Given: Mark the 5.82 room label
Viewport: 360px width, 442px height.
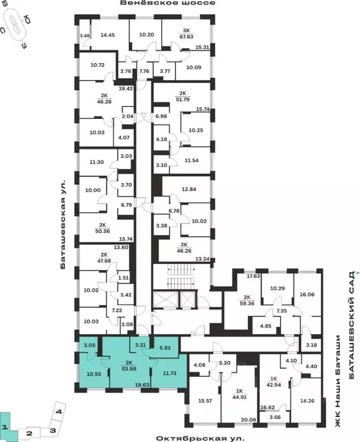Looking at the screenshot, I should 165,348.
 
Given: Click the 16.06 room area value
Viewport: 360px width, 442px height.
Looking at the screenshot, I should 307,294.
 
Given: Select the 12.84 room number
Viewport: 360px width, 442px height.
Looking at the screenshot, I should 189,189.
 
